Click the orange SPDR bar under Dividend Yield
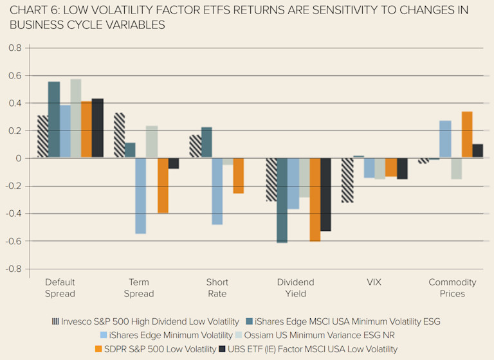(x=315, y=199)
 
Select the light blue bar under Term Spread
(x=140, y=195)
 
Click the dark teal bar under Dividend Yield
(x=282, y=200)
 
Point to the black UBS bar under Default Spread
(x=98, y=129)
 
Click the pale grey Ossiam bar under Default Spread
(x=76, y=119)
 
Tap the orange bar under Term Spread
(x=163, y=185)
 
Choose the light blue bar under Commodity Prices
(x=445, y=139)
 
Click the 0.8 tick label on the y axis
(x=15, y=48)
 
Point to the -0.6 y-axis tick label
(x=14, y=241)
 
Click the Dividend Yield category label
(x=295, y=288)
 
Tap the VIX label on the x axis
(x=374, y=282)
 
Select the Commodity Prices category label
(x=452, y=288)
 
